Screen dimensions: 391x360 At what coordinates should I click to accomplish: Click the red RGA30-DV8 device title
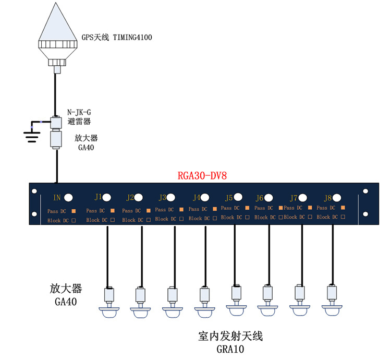click(x=202, y=176)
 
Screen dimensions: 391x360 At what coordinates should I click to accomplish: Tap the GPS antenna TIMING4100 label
click(x=117, y=38)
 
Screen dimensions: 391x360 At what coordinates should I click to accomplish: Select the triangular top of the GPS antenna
click(x=57, y=22)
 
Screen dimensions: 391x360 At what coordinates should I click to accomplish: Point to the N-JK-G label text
click(x=79, y=112)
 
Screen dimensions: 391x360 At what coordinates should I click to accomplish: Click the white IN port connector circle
click(x=68, y=198)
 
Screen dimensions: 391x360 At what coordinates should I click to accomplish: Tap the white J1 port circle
click(x=107, y=198)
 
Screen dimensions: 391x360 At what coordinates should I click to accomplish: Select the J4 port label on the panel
click(x=197, y=198)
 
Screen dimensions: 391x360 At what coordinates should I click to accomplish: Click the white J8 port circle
click(x=337, y=198)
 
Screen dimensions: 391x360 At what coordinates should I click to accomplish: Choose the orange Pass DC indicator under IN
click(x=74, y=211)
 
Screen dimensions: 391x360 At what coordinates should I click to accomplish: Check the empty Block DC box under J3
click(x=181, y=219)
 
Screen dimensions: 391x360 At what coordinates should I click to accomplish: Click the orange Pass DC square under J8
click(x=343, y=208)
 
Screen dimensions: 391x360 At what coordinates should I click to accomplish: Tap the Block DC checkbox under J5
click(x=247, y=217)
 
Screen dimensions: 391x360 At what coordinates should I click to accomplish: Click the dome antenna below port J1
click(x=109, y=313)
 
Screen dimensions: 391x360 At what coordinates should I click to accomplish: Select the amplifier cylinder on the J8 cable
click(x=332, y=292)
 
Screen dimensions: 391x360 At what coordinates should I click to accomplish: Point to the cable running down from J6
click(x=269, y=255)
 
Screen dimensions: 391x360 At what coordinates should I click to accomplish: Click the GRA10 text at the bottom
click(x=230, y=349)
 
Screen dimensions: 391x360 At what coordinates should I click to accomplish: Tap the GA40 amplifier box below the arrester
click(x=56, y=139)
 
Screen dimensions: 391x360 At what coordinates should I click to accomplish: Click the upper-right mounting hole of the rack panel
click(x=365, y=191)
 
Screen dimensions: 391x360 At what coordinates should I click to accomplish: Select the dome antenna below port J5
click(x=236, y=310)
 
